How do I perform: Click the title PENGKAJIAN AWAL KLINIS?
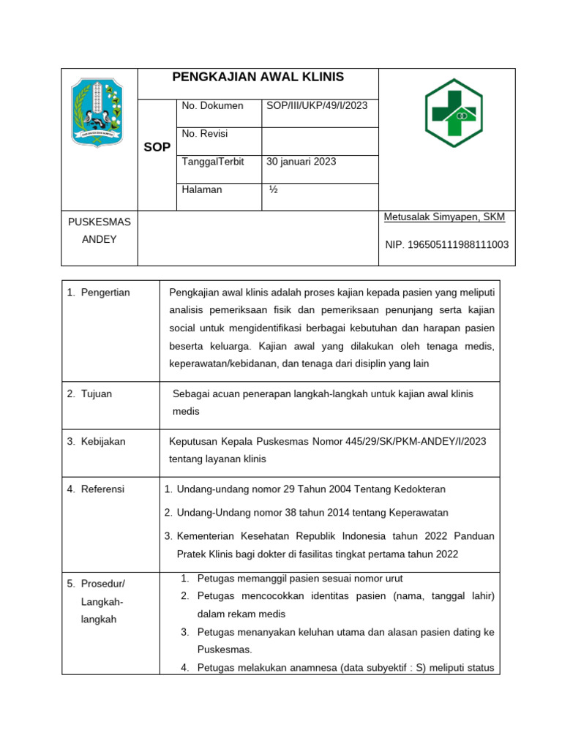tap(258, 78)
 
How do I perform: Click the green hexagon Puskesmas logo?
tap(454, 113)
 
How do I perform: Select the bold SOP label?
tap(157, 147)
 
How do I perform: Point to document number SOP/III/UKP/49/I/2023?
tap(317, 106)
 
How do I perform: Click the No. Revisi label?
tap(204, 134)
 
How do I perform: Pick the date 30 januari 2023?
tap(301, 162)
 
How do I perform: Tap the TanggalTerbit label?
tap(212, 162)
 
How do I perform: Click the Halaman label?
tap(201, 189)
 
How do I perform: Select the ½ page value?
tap(273, 189)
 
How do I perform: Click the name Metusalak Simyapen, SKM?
tap(444, 217)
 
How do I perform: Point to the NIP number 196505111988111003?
tap(447, 245)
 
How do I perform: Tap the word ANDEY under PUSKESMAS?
tap(99, 239)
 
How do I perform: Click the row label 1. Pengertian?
tap(99, 293)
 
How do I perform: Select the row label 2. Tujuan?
tap(89, 394)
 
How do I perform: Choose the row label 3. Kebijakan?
tap(96, 441)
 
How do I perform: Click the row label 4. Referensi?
tap(96, 489)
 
